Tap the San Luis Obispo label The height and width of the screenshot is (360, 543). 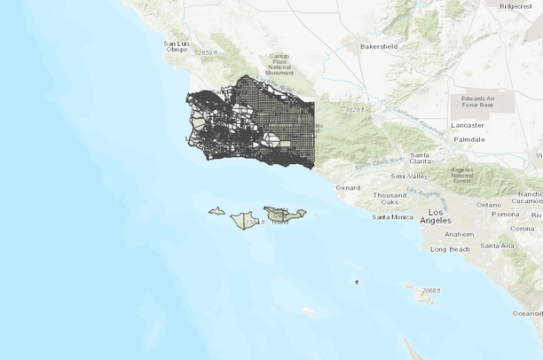pos(177,46)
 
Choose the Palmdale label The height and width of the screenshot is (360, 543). pos(469,140)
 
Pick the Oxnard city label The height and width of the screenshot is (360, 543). pos(348,187)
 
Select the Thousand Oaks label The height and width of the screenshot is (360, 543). pos(390,200)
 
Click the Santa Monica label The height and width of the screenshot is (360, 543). pos(392,216)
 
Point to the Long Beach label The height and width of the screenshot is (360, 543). pos(450,249)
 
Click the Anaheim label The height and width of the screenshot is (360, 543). pos(459,234)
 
